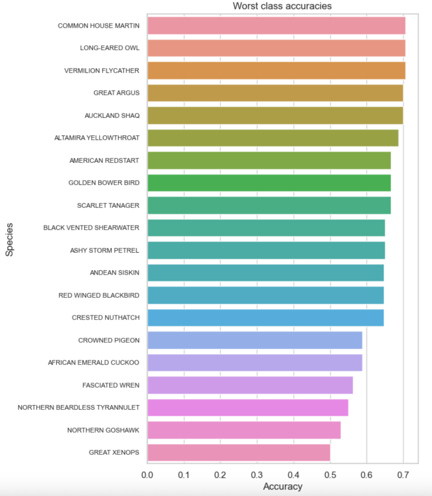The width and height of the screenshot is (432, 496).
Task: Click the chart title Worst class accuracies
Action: [x=282, y=6]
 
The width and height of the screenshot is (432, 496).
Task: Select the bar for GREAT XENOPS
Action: [x=238, y=452]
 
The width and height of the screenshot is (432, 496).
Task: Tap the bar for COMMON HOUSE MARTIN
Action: [x=276, y=25]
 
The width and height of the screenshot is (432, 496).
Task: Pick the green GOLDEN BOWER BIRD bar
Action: [x=269, y=183]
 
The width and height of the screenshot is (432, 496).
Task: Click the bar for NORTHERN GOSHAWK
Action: [x=244, y=430]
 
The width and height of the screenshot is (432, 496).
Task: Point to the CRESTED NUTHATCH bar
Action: [x=266, y=318]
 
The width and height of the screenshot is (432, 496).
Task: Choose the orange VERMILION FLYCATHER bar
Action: [x=276, y=70]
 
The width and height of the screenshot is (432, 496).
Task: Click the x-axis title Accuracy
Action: [x=283, y=486]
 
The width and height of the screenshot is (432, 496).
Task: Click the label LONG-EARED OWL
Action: [x=109, y=48]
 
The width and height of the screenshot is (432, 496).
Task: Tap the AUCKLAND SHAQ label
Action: [x=112, y=115]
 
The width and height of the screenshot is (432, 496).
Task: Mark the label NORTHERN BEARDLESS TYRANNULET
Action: [x=78, y=407]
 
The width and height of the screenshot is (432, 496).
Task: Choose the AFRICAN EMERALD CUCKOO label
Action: [x=93, y=362]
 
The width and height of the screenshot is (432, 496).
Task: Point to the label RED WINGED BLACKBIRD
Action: [x=99, y=295]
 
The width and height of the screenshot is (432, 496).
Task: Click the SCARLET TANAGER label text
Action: [x=108, y=205]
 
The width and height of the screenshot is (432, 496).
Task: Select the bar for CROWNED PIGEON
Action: [x=254, y=340]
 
